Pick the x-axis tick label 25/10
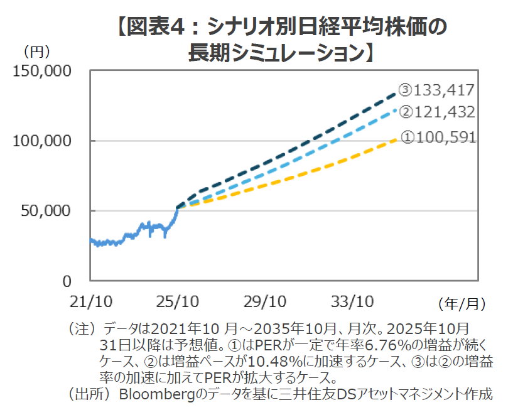coord(178,302)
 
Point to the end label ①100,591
coord(438,137)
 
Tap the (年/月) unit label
coord(463,304)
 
